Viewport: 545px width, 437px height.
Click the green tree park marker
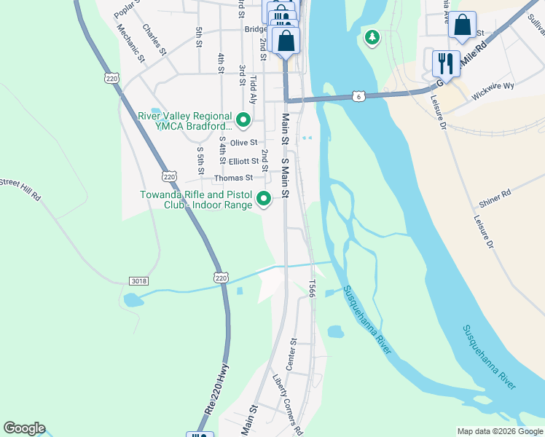(x=372, y=36)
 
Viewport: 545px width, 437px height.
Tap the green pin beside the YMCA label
(x=243, y=118)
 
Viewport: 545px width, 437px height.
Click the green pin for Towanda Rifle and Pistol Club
(x=263, y=198)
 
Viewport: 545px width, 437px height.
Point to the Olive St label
(x=243, y=143)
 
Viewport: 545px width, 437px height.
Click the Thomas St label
(x=233, y=178)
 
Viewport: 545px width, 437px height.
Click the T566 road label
(x=311, y=289)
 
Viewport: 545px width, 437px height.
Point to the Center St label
(x=291, y=354)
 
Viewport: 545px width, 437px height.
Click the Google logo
(x=24, y=428)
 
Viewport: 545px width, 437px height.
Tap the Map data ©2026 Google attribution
(x=499, y=431)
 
